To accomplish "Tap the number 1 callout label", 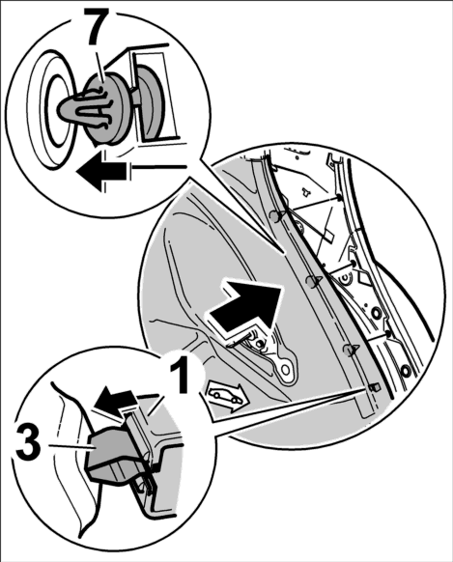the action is pyautogui.click(x=179, y=376).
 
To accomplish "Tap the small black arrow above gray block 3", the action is pyautogui.click(x=114, y=398).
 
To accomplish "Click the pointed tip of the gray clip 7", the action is pyautogui.click(x=60, y=108).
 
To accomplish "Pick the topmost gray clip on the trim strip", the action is pyautogui.click(x=276, y=215).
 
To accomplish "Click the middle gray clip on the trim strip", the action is pyautogui.click(x=313, y=281).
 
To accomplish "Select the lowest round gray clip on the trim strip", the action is pyautogui.click(x=351, y=350).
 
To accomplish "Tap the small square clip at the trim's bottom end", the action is pyautogui.click(x=375, y=387).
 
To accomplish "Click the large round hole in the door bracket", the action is pyautogui.click(x=286, y=370).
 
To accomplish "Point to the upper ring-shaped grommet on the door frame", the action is pyautogui.click(x=377, y=314).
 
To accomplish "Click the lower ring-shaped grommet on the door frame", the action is pyautogui.click(x=406, y=371).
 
